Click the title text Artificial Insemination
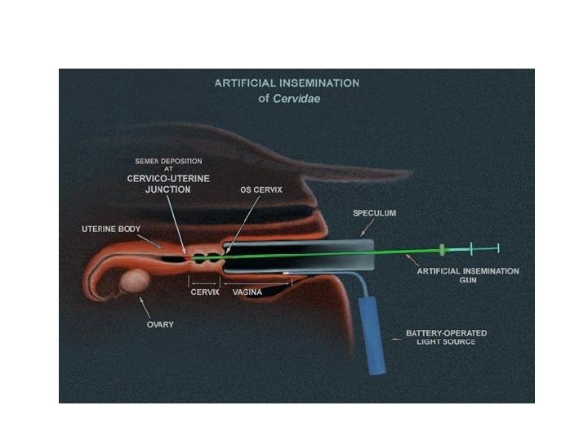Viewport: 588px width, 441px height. pos(286,83)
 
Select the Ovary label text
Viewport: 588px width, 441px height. pos(159,323)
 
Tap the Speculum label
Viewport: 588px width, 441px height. pos(374,213)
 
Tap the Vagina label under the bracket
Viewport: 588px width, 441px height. pos(247,292)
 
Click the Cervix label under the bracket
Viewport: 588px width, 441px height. pos(203,292)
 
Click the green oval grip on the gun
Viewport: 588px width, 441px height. pos(443,247)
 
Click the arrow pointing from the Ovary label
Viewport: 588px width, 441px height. pos(146,309)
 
